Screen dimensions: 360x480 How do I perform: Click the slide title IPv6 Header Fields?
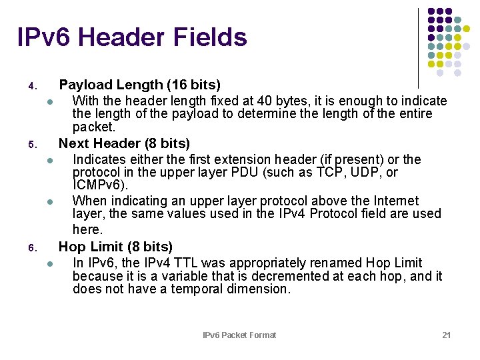click(x=132, y=37)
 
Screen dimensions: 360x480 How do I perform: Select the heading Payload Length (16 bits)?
click(x=139, y=85)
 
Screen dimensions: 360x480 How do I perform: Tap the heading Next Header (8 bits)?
click(x=124, y=143)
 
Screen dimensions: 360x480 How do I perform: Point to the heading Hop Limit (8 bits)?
click(x=115, y=247)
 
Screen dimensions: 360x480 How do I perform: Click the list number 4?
click(x=31, y=87)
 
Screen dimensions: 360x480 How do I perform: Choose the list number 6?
click(x=31, y=249)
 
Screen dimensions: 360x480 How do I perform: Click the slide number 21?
click(x=447, y=335)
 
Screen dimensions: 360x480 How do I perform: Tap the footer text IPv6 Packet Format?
click(x=239, y=335)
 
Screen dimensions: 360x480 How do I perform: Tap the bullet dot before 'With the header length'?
click(x=50, y=102)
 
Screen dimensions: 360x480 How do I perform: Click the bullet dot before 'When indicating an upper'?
click(x=50, y=202)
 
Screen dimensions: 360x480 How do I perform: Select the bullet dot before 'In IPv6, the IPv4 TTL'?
click(x=50, y=264)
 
